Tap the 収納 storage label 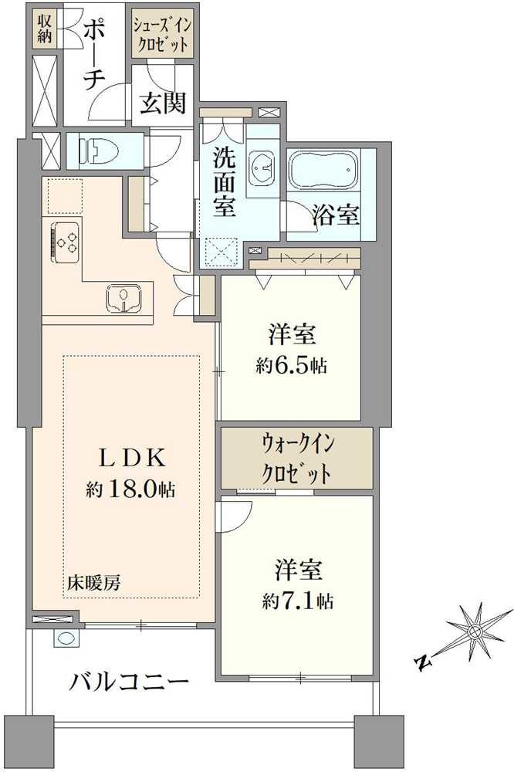click(43, 26)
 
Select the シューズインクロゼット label click(161, 33)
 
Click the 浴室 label click(336, 215)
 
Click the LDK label click(130, 458)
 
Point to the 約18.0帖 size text click(130, 489)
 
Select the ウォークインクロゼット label click(297, 459)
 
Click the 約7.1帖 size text click(298, 601)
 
